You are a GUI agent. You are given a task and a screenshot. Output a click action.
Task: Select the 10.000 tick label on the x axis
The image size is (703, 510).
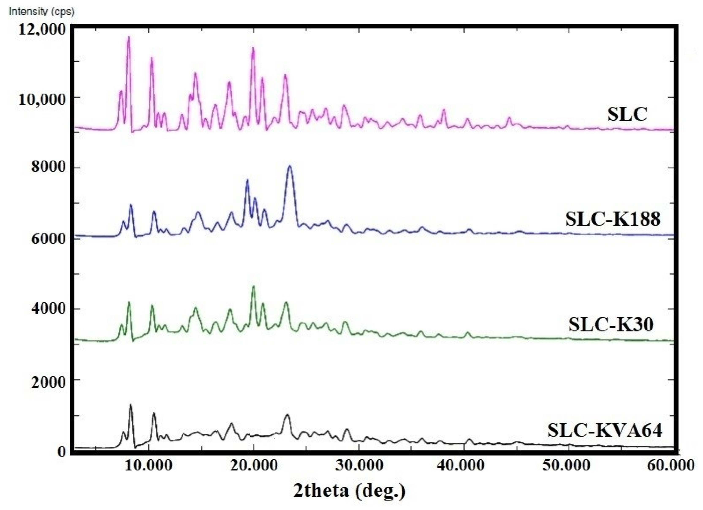[148, 465]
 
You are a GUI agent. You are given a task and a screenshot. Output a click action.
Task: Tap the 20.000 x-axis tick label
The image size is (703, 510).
[253, 465]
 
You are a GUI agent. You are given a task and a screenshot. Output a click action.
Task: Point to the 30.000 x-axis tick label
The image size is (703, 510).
[359, 465]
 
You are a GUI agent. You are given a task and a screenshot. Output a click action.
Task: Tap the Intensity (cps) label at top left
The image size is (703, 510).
[42, 12]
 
